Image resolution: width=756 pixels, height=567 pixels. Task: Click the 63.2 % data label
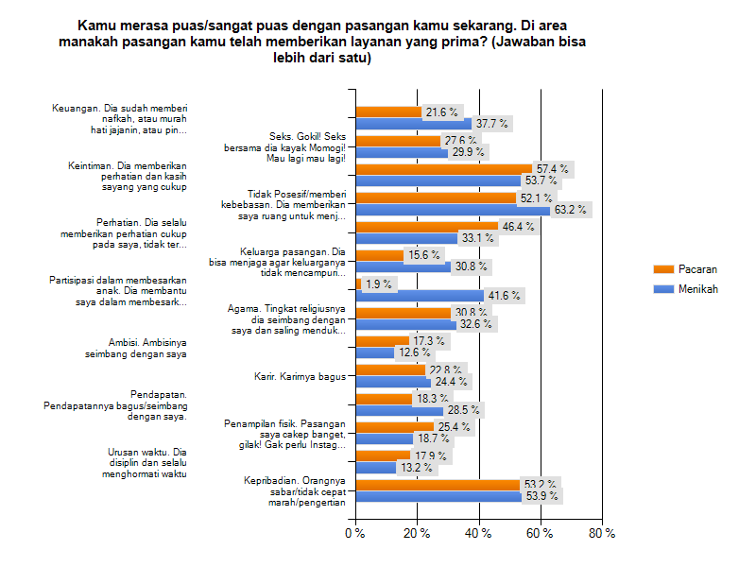(572, 210)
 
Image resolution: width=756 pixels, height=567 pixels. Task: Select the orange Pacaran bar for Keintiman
(443, 169)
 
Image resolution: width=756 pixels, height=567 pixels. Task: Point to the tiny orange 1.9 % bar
(358, 283)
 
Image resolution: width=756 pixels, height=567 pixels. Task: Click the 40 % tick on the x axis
(479, 534)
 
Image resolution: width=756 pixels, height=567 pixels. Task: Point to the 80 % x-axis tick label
(602, 534)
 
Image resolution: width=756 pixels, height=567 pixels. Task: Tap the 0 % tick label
(355, 534)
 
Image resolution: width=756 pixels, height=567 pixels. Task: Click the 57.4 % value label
(552, 169)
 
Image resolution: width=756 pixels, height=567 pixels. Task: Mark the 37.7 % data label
(491, 124)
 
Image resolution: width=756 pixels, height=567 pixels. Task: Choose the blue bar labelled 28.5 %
(399, 411)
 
